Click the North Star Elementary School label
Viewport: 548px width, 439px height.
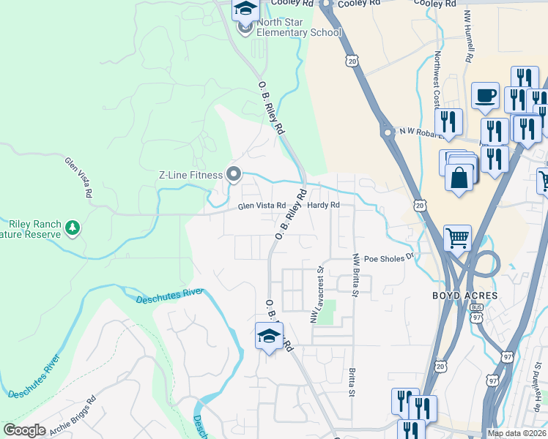tap(298, 33)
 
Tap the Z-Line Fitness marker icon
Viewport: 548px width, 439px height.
tap(234, 174)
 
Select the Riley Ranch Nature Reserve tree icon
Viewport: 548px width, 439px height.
tap(72, 228)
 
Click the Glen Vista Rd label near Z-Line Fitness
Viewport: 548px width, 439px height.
tap(261, 206)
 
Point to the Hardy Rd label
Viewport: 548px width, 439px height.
tap(324, 206)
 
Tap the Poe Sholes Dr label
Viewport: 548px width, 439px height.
tap(389, 258)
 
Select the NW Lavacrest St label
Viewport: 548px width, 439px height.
tap(317, 295)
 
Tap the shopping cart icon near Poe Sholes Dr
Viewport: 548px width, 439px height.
tap(457, 237)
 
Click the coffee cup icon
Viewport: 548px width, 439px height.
tap(485, 94)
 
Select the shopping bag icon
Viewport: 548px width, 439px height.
tap(459, 177)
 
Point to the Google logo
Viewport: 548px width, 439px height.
tap(25, 431)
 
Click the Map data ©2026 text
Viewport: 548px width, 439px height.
tap(516, 433)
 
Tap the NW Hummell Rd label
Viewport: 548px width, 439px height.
tap(469, 35)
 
